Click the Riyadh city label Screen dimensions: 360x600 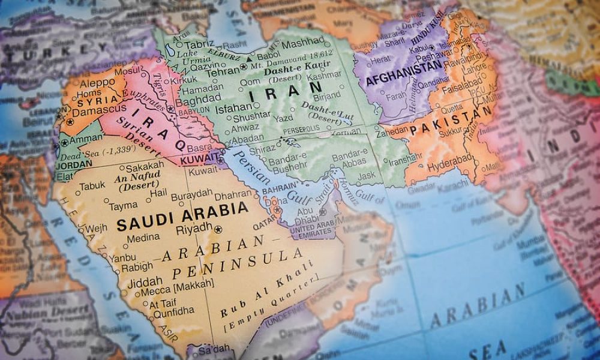click(193, 229)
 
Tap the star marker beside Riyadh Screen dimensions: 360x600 click(218, 229)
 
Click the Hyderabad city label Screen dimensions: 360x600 click(449, 164)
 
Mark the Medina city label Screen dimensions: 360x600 click(143, 238)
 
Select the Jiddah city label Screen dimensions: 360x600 click(145, 281)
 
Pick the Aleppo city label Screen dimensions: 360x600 click(97, 82)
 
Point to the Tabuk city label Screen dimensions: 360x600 click(92, 187)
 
